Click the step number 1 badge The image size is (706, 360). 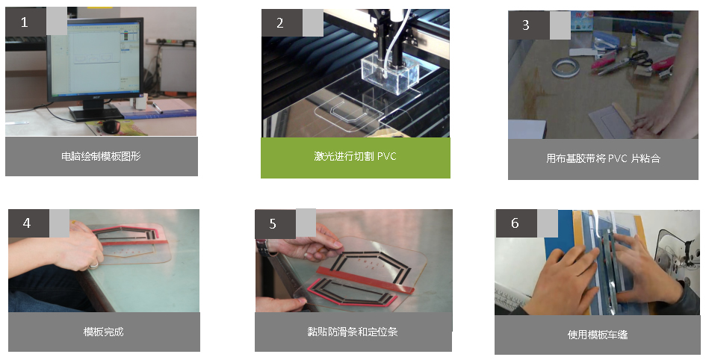pyautogui.click(x=25, y=22)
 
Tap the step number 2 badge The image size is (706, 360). pyautogui.click(x=282, y=23)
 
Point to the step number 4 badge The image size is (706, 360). pyautogui.click(x=28, y=223)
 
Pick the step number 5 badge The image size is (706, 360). pyautogui.click(x=275, y=223)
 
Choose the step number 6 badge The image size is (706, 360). pyautogui.click(x=516, y=223)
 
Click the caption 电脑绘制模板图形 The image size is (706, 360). pyautogui.click(x=102, y=157)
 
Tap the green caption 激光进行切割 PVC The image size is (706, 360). pyautogui.click(x=356, y=157)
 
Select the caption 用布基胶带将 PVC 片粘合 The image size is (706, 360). pyautogui.click(x=603, y=158)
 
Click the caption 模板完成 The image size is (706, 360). pyautogui.click(x=104, y=332)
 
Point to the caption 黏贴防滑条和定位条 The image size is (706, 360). pyautogui.click(x=353, y=332)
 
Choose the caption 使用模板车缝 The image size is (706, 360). pyautogui.click(x=598, y=335)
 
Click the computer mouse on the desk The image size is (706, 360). pyautogui.click(x=111, y=127)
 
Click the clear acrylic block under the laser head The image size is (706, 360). pyautogui.click(x=390, y=75)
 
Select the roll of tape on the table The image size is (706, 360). pyautogui.click(x=565, y=67)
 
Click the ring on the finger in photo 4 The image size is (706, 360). pyautogui.click(x=93, y=265)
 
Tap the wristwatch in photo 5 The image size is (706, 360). pyautogui.click(x=262, y=248)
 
